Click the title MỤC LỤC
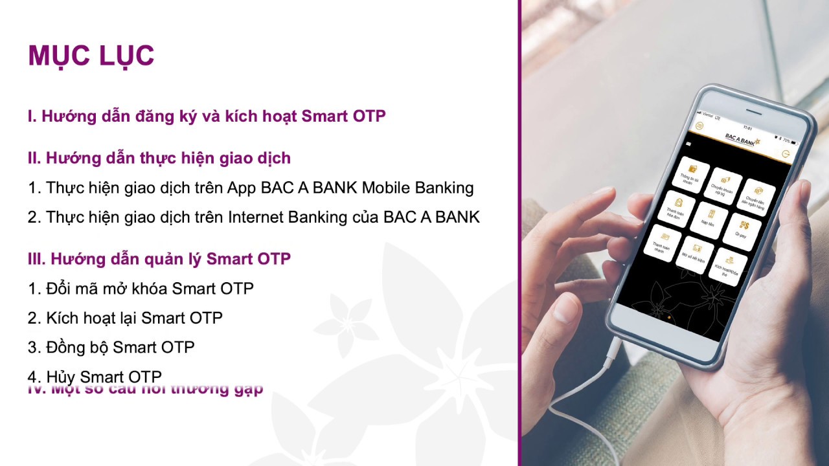(91, 56)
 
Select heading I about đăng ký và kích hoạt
(207, 116)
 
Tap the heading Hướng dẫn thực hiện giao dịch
(159, 158)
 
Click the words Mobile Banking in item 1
(418, 188)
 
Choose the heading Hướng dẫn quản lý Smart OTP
(159, 259)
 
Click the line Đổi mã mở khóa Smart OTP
(141, 289)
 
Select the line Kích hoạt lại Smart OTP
(125, 318)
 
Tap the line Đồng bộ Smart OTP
(111, 348)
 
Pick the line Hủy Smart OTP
(95, 376)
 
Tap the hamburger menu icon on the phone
(699, 125)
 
